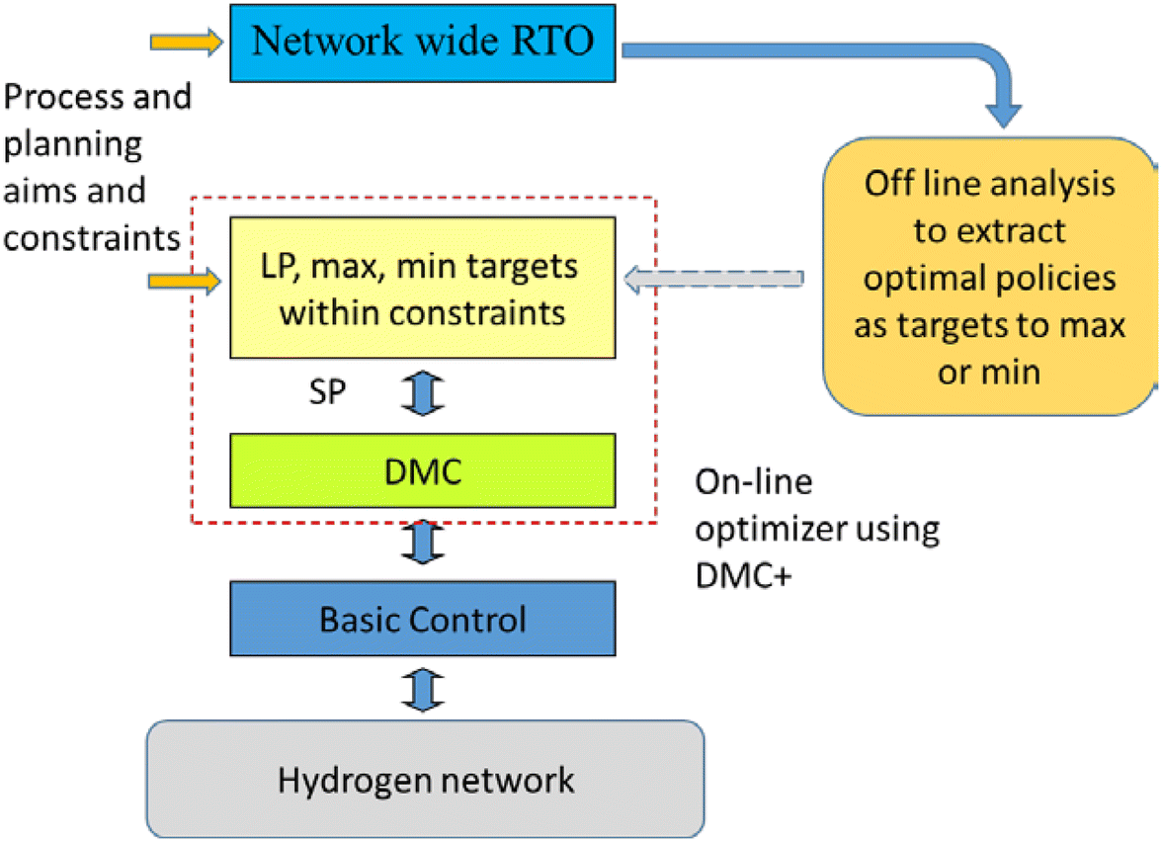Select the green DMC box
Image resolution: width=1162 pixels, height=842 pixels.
click(x=422, y=469)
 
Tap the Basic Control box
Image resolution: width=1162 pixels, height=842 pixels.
click(x=422, y=620)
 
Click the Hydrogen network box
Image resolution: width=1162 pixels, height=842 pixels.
click(x=425, y=780)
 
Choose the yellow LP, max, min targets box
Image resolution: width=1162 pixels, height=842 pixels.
click(x=422, y=289)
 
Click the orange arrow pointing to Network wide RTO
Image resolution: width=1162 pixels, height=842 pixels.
click(x=185, y=42)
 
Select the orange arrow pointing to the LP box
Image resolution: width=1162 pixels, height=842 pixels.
click(x=185, y=284)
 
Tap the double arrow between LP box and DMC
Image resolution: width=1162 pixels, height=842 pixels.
click(x=423, y=393)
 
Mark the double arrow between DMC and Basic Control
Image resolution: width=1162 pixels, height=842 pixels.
click(x=423, y=544)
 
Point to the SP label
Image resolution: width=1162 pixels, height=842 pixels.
click(x=326, y=393)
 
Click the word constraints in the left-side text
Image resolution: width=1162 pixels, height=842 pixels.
click(x=92, y=236)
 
